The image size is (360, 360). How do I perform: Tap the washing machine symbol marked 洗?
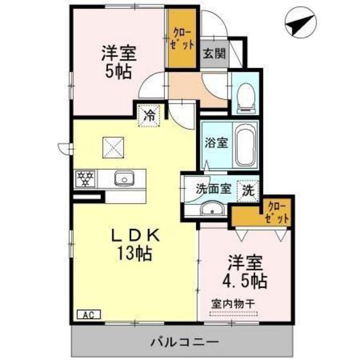point(248,190)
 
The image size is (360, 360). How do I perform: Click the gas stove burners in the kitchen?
point(85,177)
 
